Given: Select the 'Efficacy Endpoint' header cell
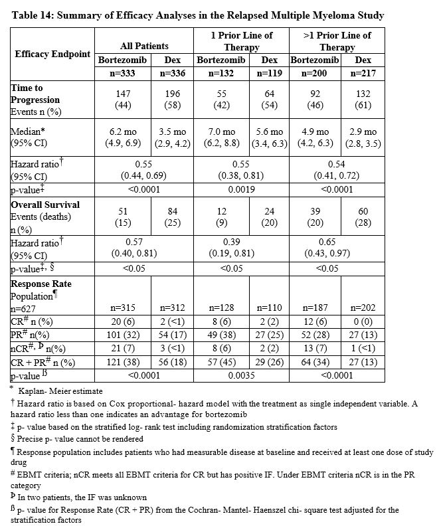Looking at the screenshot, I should coord(52,53).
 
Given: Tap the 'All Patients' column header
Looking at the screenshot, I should coord(143,46).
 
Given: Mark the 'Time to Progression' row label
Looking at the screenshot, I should coord(35,94).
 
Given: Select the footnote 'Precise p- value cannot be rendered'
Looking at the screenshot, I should coord(80,439).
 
